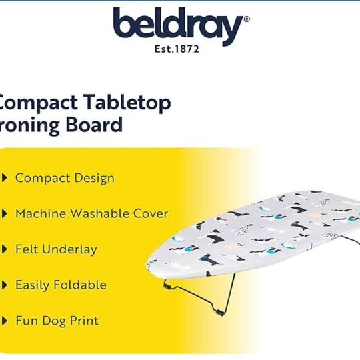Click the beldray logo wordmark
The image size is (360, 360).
coord(178,25)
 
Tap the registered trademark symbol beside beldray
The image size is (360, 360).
coord(247,19)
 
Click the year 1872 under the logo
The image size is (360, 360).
coord(186,49)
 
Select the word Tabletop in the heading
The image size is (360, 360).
coord(127,103)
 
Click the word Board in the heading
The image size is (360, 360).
coord(94,125)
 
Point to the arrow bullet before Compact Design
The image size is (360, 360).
coord(5,178)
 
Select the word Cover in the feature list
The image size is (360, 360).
coord(151,214)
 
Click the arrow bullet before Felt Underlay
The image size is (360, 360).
coord(5,249)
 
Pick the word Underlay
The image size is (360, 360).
coord(73,250)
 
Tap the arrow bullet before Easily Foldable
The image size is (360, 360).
coord(5,285)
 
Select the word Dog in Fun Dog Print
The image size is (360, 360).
coord(54,321)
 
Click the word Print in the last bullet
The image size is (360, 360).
coord(84,321)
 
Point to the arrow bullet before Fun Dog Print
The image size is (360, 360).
coord(5,321)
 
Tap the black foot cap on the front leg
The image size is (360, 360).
coord(220,313)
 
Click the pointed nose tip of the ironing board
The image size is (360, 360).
coord(147,264)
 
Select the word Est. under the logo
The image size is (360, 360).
coord(163,49)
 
